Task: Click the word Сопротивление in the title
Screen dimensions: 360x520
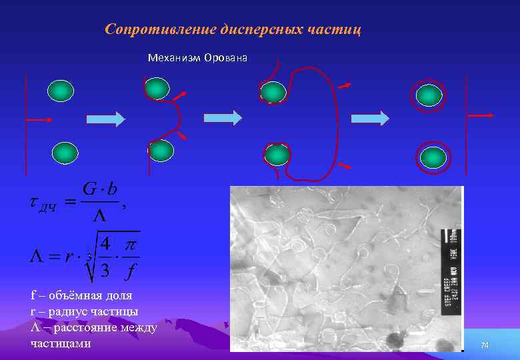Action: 159,30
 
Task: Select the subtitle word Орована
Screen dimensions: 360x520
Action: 225,58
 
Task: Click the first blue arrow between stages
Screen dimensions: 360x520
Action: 106,119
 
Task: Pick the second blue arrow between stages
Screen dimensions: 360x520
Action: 223,118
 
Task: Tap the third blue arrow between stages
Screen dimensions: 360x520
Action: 370,119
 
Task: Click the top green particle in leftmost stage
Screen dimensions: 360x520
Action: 59,91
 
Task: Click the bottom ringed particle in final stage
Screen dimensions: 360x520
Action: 433,157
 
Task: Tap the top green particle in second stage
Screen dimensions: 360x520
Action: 157,88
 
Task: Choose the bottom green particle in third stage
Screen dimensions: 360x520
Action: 277,155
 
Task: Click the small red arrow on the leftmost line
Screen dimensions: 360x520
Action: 40,119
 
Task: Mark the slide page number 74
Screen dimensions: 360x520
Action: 485,345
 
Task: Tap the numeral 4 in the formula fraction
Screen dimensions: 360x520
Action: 105,245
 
